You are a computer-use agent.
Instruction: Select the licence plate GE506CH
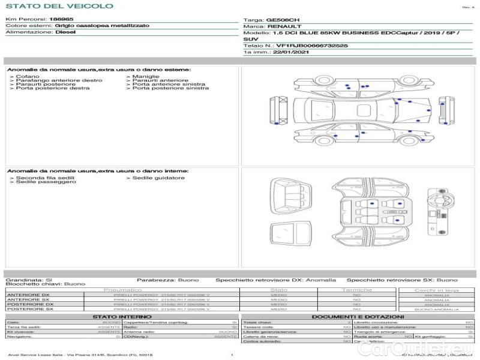coord(283,20)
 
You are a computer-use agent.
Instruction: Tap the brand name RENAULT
coord(281,26)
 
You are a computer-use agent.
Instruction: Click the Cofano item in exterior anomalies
coord(28,77)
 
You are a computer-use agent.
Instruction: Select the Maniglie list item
coord(146,77)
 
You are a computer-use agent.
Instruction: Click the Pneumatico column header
coord(122,290)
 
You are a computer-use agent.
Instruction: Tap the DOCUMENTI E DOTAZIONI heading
coord(358,316)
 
